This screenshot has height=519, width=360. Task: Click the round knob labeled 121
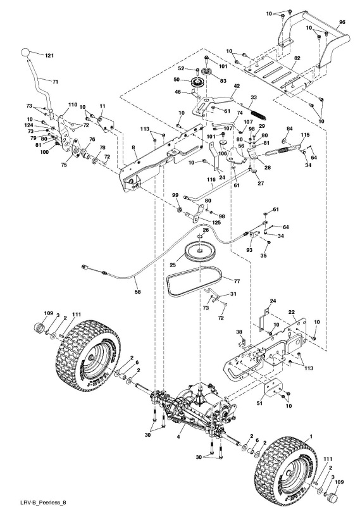click(25, 53)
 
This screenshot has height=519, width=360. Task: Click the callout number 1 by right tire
click(311, 435)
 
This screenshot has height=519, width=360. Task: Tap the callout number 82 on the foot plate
click(296, 58)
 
